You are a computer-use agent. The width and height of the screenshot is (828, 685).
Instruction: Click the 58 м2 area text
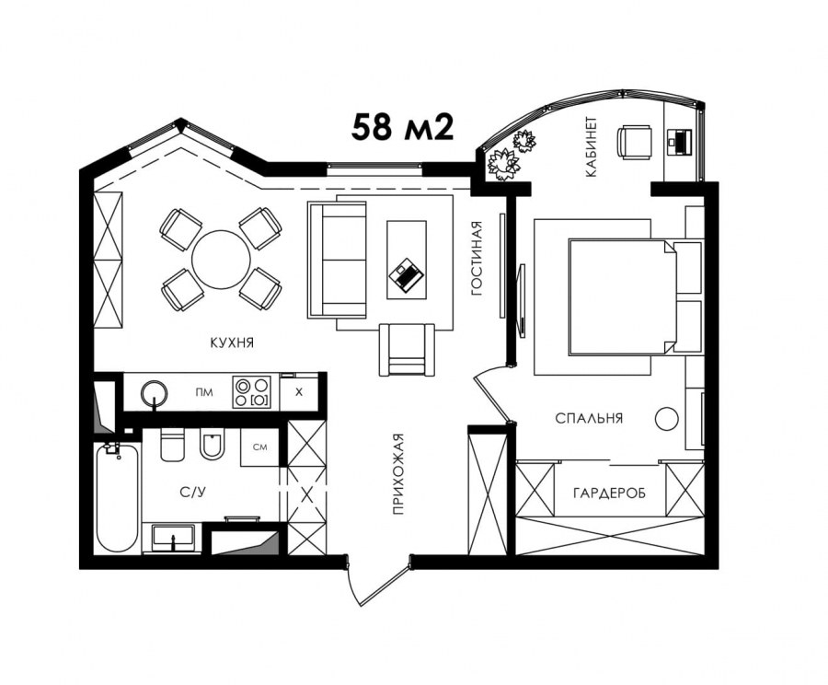[x=402, y=127]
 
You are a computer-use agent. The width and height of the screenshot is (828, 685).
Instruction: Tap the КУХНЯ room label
[x=233, y=343]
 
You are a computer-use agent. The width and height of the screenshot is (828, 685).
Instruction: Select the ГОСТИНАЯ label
[x=477, y=258]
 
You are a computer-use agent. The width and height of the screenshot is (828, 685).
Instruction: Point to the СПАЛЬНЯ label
[x=589, y=418]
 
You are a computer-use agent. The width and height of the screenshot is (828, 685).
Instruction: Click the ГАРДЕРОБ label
[x=609, y=493]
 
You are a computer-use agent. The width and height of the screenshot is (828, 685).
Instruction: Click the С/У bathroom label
[x=193, y=493]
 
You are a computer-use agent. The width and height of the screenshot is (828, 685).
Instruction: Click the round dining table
[x=221, y=260]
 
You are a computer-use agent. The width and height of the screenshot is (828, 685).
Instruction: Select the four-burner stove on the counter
[x=252, y=391]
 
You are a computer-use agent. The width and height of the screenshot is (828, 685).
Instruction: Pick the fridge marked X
[x=299, y=391]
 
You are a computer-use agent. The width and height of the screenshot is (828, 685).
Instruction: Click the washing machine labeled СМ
[x=259, y=447]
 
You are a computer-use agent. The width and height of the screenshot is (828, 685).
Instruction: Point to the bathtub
[x=117, y=498]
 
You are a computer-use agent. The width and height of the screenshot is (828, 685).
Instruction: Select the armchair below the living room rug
[x=407, y=350]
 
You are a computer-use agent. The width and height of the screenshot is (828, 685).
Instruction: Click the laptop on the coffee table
[x=406, y=274]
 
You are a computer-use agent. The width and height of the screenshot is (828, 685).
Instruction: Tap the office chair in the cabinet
[x=634, y=142]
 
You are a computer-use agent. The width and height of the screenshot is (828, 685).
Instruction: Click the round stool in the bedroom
[x=666, y=419]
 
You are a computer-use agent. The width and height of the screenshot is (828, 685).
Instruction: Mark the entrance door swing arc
[x=354, y=586]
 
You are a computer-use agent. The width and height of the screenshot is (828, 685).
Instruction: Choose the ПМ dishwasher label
[x=204, y=392]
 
